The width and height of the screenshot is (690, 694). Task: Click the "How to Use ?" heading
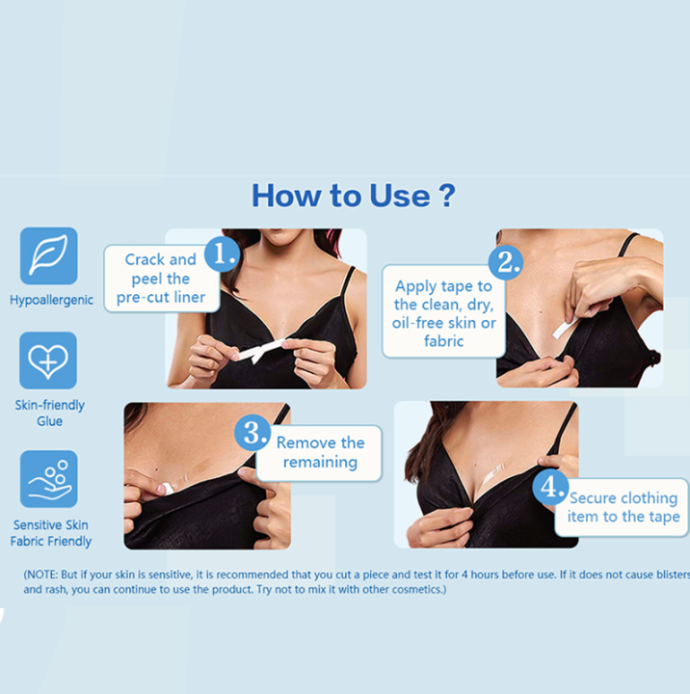[x=353, y=196]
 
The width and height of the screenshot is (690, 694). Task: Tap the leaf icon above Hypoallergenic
[x=49, y=255]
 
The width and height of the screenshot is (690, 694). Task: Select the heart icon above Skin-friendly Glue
[x=48, y=360]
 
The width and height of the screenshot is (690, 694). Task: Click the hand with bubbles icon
[x=49, y=479]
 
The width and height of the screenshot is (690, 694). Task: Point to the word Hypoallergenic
[x=51, y=300]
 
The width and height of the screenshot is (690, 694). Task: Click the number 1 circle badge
[x=222, y=254]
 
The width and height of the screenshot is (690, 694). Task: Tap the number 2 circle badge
[x=506, y=262]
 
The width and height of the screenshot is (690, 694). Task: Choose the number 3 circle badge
[x=252, y=433]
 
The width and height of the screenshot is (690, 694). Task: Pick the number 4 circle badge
[x=550, y=488]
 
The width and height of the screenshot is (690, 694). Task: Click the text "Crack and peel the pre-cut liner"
[x=161, y=279]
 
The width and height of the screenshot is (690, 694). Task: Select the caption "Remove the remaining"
[x=321, y=452]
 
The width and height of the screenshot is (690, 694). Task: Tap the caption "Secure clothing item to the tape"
[x=624, y=507]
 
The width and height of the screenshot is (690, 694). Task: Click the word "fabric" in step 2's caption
[x=443, y=341]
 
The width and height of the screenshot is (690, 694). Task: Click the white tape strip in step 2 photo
[x=566, y=328]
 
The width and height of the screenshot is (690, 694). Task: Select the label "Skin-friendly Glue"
[x=49, y=413]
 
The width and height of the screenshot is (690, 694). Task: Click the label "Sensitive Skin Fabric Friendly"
[x=51, y=533]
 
